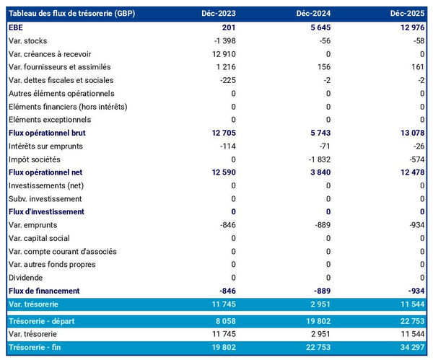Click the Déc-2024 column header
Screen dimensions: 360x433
313,14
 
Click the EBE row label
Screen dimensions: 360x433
16,27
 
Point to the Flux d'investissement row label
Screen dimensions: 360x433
46,212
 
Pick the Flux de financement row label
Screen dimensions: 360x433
43,291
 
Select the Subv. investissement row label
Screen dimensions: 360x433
44,198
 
